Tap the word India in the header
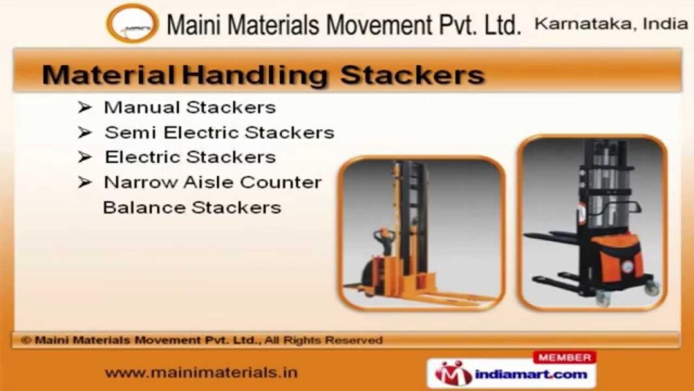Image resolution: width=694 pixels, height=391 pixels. (666, 24)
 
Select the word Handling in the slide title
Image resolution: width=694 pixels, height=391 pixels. (256, 75)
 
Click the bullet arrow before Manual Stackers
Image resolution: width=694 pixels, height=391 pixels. (85, 107)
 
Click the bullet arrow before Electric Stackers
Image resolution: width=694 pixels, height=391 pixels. (85, 157)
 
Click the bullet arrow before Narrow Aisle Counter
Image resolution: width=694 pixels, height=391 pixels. (85, 182)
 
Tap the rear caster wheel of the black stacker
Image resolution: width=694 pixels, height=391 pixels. (652, 288)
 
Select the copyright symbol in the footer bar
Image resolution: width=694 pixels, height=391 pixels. (26, 340)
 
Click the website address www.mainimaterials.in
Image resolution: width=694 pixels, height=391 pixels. (201, 373)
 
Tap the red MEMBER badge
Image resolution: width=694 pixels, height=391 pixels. (565, 357)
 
